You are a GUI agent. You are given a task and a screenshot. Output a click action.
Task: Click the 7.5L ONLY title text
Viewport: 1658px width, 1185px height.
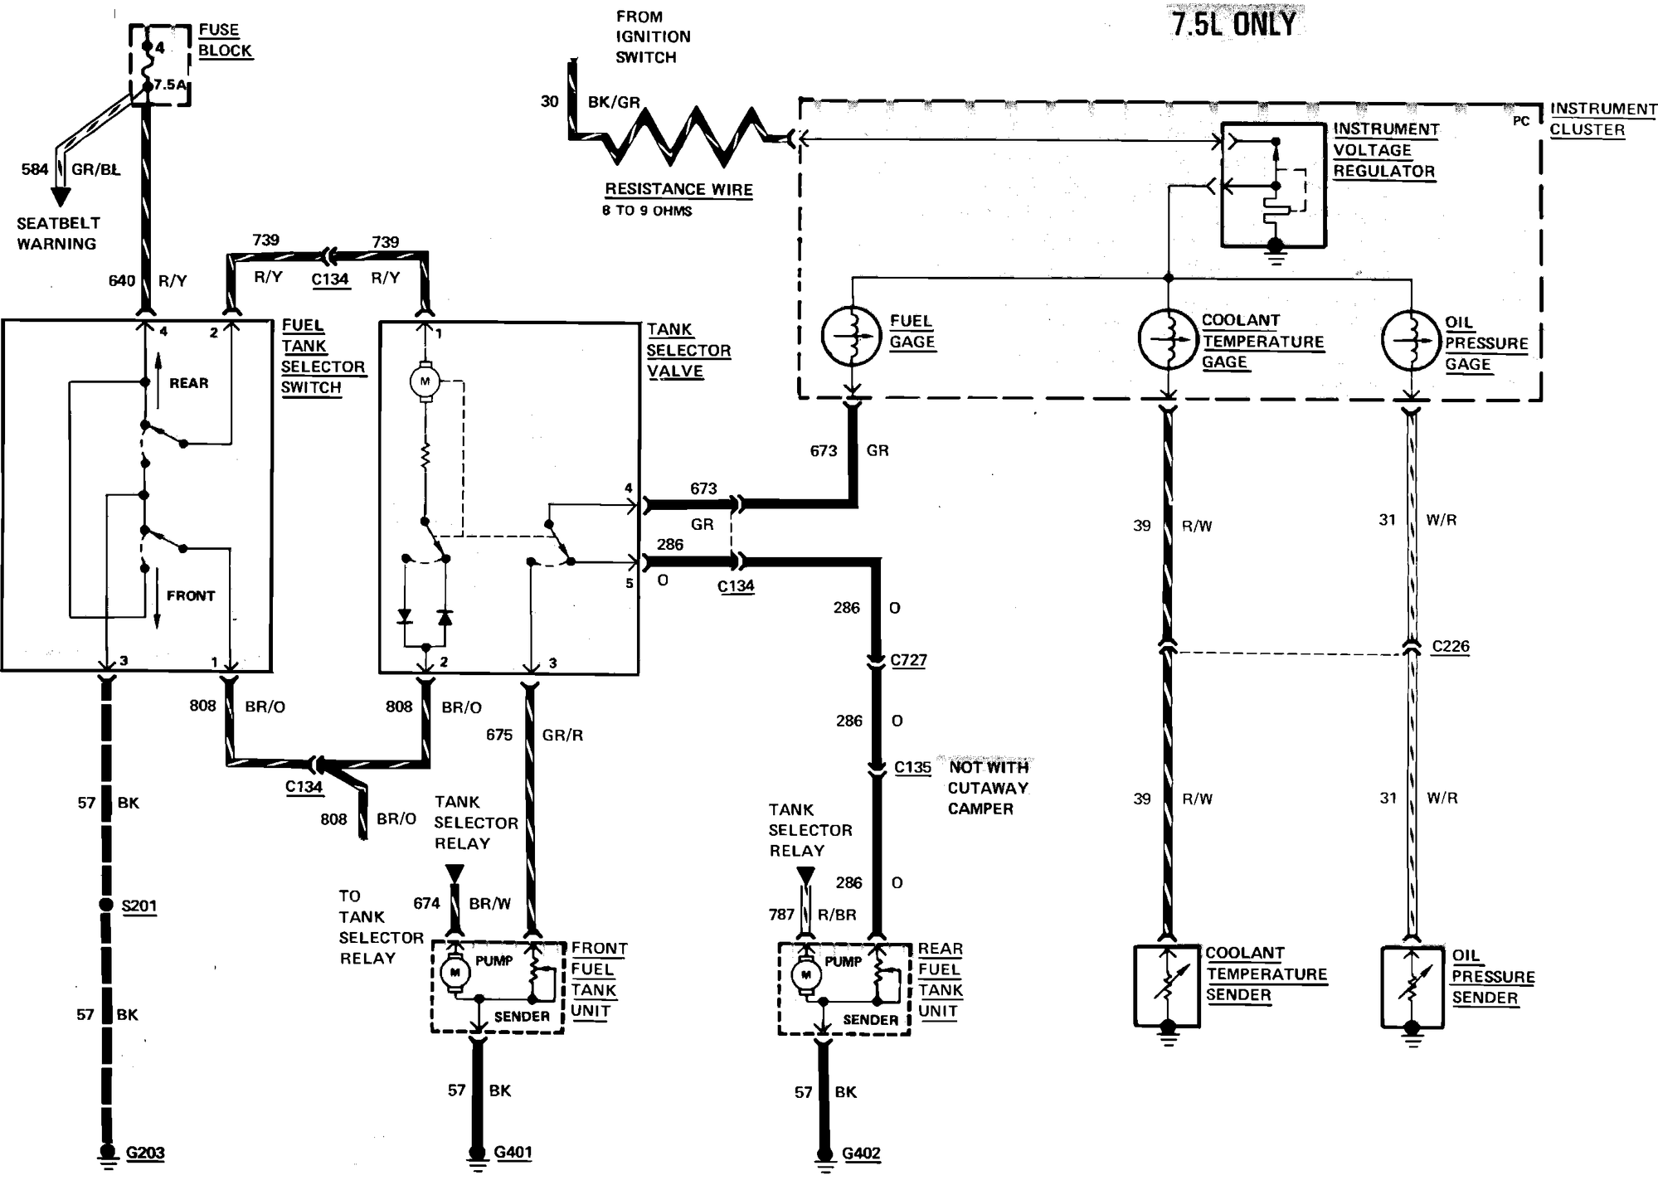[x=1233, y=23]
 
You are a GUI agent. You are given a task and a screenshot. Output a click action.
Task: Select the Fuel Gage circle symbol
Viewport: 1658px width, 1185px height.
[x=851, y=336]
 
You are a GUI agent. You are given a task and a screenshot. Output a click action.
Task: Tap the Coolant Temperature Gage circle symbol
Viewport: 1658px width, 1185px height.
[x=1168, y=338]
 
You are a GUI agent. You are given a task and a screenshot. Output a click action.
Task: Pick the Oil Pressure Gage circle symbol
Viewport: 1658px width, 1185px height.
[x=1411, y=340]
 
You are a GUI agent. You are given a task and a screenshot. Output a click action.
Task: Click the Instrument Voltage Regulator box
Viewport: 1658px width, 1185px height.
[x=1273, y=185]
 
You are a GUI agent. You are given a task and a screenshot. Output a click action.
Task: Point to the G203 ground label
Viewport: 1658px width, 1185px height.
[x=144, y=1153]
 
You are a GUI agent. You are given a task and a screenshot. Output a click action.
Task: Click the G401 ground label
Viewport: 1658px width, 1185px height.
[x=513, y=1152]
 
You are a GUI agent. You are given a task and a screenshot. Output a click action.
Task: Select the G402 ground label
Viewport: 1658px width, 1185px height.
[x=861, y=1153]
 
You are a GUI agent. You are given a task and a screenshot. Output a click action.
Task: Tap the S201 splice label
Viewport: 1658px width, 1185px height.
[x=139, y=906]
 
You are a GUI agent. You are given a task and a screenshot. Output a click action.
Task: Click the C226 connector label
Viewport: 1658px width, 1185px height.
[x=1451, y=646]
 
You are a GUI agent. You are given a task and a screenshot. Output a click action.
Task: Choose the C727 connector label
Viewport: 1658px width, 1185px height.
[x=908, y=660]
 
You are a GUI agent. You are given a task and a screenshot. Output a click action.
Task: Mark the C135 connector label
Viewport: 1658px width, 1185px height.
[x=912, y=767]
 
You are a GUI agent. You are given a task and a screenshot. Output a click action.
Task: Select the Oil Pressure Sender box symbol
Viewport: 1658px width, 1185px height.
[x=1412, y=987]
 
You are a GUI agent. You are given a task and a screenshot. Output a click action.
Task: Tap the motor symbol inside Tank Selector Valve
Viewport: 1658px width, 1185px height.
[x=425, y=381]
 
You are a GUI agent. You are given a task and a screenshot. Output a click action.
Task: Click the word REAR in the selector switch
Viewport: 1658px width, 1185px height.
[x=189, y=383]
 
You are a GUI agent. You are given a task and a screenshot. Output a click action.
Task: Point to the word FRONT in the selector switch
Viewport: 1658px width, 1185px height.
[x=190, y=595]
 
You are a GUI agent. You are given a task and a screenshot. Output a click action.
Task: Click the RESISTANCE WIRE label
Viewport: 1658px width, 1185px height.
[x=678, y=189]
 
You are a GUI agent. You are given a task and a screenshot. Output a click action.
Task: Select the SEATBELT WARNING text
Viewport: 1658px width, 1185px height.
[x=57, y=233]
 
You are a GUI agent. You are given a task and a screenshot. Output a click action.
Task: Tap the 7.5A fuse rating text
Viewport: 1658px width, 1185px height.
[x=170, y=85]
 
